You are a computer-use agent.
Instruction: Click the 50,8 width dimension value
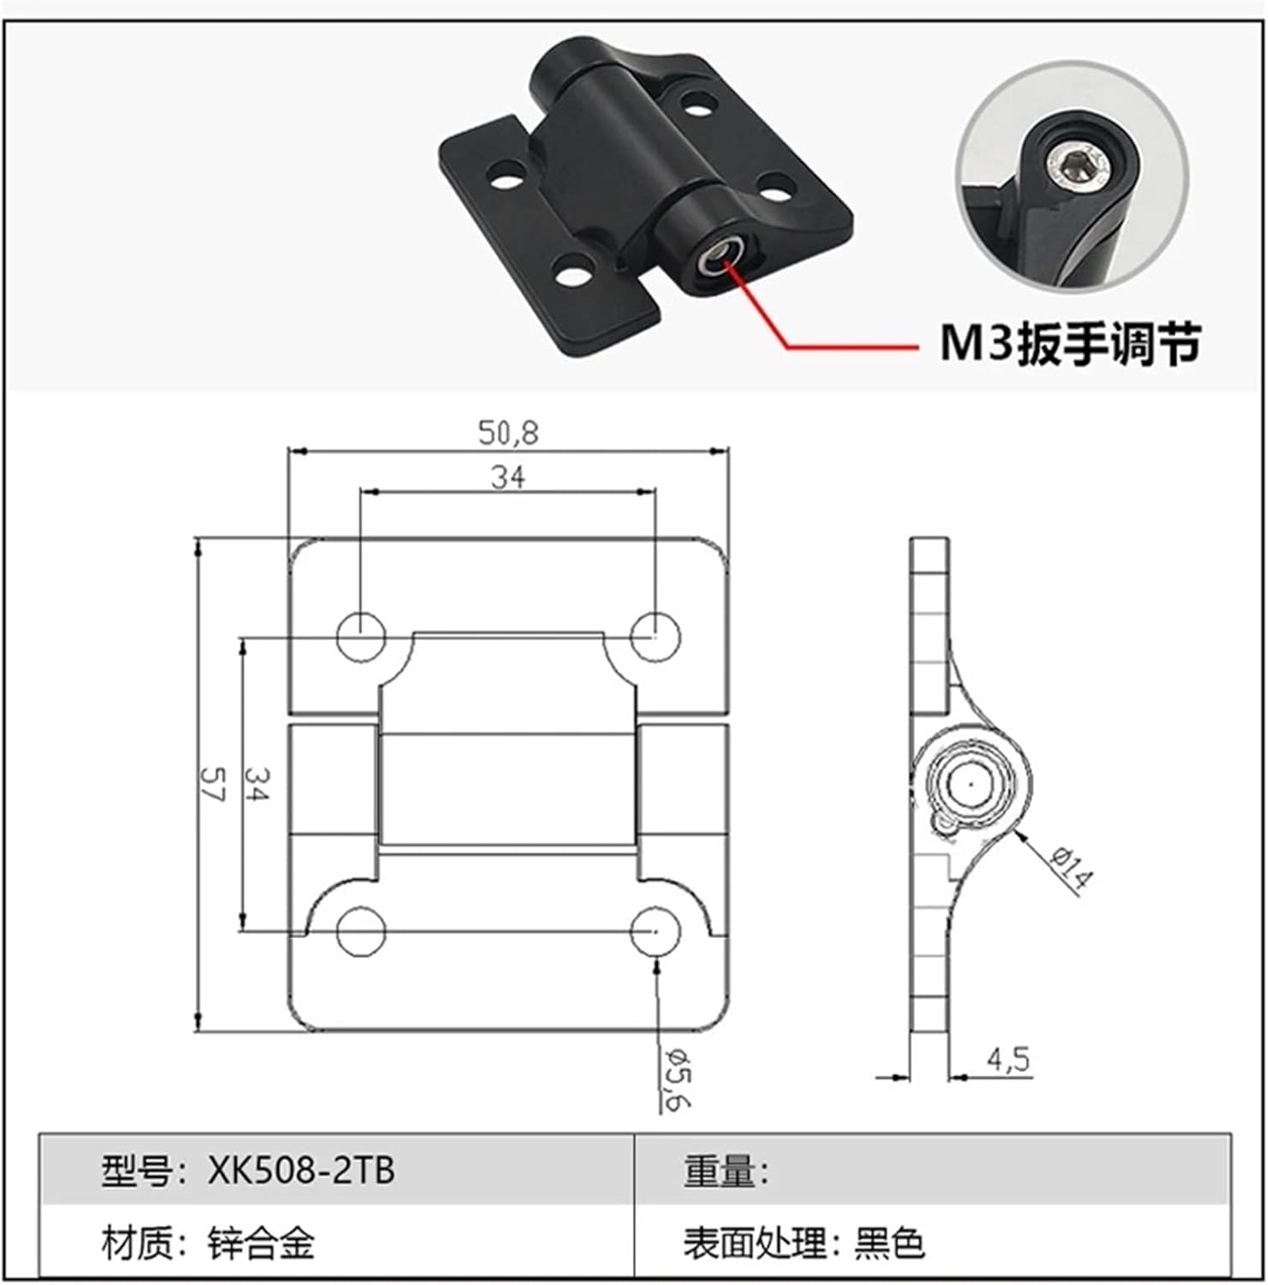(508, 433)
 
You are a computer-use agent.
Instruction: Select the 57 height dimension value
(211, 782)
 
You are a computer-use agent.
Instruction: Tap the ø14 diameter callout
(1071, 868)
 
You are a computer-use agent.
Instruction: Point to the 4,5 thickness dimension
(1008, 1061)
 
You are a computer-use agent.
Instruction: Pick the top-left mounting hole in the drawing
(361, 637)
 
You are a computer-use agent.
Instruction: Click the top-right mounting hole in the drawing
(655, 637)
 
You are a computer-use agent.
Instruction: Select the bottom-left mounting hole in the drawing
(361, 932)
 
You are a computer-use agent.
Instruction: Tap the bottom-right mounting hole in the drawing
(655, 932)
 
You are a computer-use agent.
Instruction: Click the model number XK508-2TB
(301, 1170)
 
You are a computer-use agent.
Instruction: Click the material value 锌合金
(261, 1243)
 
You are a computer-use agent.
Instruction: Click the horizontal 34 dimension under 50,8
(508, 477)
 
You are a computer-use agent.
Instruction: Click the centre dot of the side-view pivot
(968, 783)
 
